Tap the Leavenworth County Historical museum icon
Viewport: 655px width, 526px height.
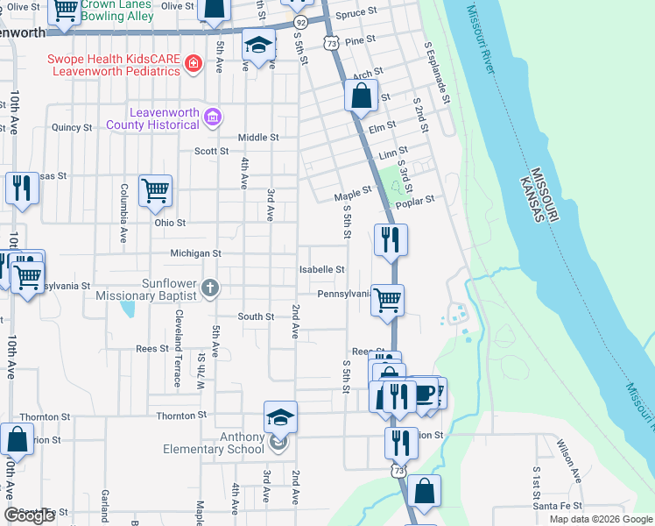pyautogui.click(x=211, y=117)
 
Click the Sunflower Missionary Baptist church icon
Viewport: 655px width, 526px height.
pyautogui.click(x=209, y=288)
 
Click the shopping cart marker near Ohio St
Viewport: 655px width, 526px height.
pyautogui.click(x=155, y=190)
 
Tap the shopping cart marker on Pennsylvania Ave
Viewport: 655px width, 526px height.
pyautogui.click(x=387, y=300)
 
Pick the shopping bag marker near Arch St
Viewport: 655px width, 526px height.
pyautogui.click(x=361, y=95)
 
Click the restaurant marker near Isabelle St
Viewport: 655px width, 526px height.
pyautogui.click(x=391, y=238)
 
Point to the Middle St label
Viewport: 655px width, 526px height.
pyautogui.click(x=258, y=138)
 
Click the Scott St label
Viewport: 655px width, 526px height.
pyautogui.click(x=211, y=151)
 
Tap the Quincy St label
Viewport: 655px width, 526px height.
pyautogui.click(x=72, y=127)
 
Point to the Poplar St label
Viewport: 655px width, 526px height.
pyautogui.click(x=415, y=201)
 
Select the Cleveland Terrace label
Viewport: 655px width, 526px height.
pyautogui.click(x=178, y=348)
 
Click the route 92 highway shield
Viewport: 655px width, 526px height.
pyautogui.click(x=300, y=21)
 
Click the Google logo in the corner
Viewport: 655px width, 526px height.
pyautogui.click(x=29, y=515)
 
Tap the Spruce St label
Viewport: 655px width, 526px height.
pyautogui.click(x=356, y=14)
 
